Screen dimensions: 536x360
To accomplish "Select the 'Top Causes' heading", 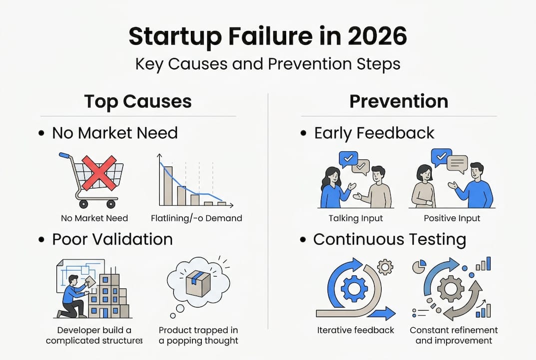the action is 138,101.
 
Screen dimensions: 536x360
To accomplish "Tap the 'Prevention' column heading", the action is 399,101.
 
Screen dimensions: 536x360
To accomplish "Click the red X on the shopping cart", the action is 99,173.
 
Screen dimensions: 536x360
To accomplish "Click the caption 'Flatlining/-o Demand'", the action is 196,218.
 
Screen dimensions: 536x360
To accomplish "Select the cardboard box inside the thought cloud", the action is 198,282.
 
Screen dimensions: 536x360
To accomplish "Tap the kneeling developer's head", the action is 73,280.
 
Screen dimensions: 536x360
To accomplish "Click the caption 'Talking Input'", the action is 356,218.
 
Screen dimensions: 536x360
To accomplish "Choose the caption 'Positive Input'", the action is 452,218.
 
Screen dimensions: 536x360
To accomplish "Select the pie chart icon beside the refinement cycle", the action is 419,266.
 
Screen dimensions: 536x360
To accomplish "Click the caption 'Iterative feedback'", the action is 356,330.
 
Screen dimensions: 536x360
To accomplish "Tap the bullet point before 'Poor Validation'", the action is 41,239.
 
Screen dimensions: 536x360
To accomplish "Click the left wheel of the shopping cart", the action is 83,204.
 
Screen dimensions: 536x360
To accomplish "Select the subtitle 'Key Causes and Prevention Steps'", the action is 268,64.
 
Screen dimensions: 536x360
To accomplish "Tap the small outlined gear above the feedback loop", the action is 385,267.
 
